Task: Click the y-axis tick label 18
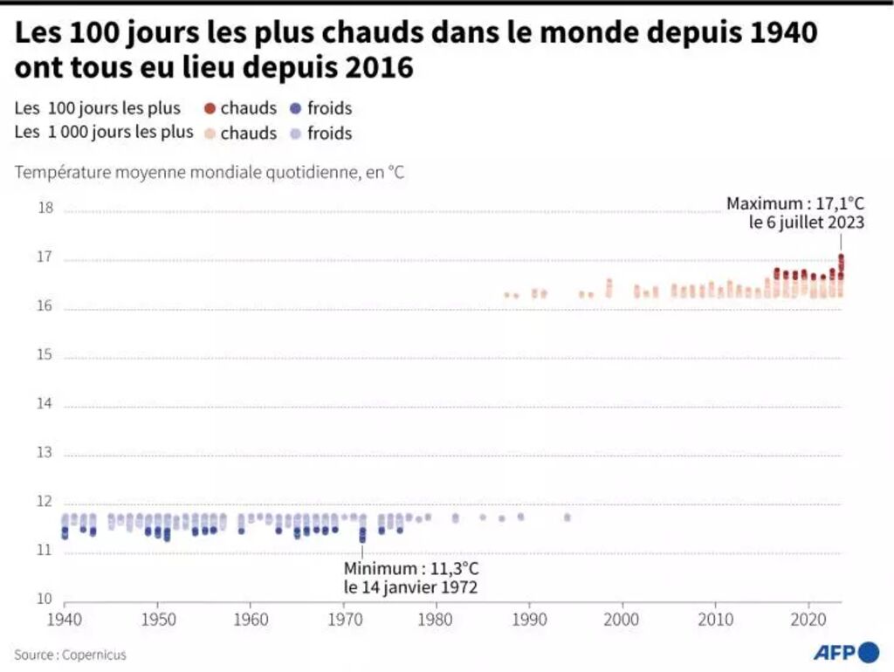45,209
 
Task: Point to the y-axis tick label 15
45,356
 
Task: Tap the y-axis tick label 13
45,454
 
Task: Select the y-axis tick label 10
45,600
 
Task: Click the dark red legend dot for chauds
210,108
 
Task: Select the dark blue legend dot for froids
296,108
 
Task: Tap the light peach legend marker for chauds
210,134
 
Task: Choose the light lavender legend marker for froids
296,134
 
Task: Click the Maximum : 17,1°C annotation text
795,203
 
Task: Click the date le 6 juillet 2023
806,223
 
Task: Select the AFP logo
846,653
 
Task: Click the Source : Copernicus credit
70,655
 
